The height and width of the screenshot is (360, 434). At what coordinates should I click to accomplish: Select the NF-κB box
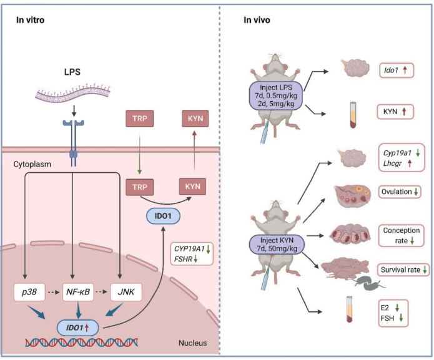(x=79, y=291)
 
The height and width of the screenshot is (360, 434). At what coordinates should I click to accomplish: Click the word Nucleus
(x=192, y=343)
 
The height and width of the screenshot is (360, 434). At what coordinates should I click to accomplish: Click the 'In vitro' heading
(x=29, y=20)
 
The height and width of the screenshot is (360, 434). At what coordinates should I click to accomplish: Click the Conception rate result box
(x=400, y=236)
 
